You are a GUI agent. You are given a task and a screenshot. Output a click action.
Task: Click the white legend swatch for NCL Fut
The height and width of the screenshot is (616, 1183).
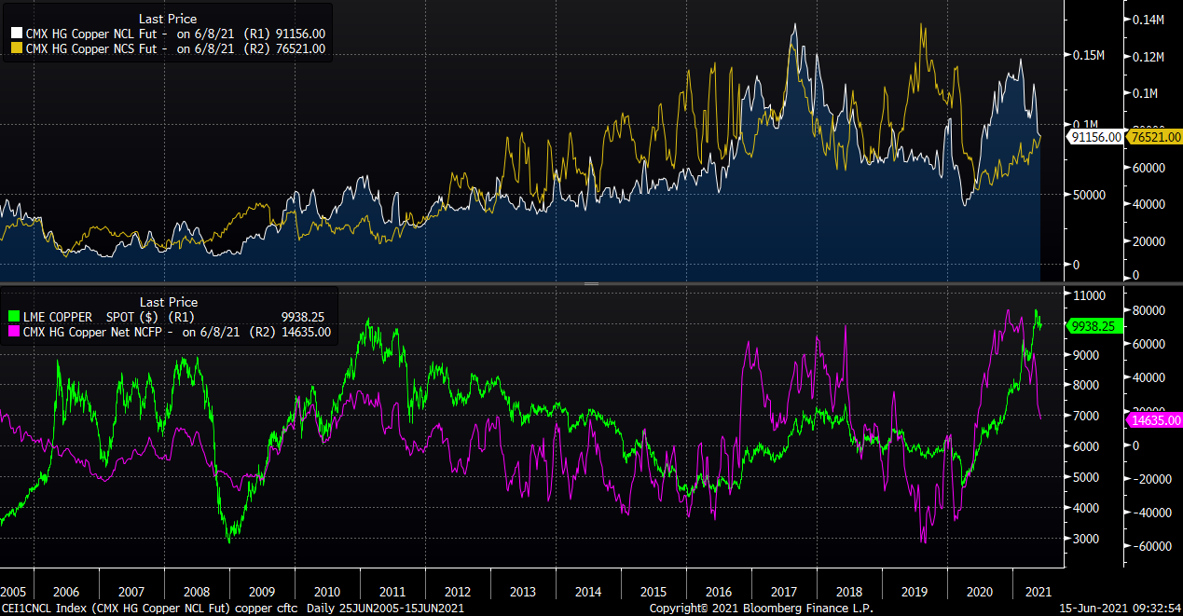click(x=16, y=34)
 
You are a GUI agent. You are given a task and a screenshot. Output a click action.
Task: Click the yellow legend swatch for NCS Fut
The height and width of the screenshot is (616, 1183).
click(x=16, y=48)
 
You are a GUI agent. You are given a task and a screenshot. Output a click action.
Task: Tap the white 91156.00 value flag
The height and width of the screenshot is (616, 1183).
click(x=1095, y=137)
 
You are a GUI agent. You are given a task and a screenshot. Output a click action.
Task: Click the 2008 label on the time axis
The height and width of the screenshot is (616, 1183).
click(x=197, y=592)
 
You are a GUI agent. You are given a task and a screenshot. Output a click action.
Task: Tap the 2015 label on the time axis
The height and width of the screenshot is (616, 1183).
click(x=653, y=592)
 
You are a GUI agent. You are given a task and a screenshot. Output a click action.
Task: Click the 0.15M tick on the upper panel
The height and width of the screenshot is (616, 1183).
click(x=1087, y=55)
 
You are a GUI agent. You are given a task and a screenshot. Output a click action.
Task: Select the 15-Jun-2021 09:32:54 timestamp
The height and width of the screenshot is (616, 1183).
click(x=1115, y=608)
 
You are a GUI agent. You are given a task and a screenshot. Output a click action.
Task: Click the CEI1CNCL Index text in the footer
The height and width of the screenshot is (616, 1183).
click(x=43, y=608)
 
